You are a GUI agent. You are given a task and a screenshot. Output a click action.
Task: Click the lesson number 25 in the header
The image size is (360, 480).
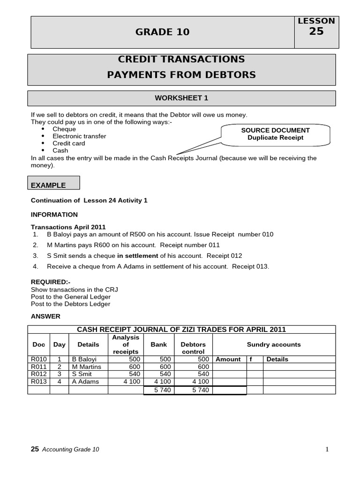click(316, 31)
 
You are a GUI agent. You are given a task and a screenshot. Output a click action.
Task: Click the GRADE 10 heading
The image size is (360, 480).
click(163, 32)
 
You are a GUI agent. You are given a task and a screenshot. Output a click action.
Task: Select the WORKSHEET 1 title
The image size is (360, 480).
click(181, 98)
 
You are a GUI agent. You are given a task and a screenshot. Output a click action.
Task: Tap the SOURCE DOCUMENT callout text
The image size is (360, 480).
click(275, 130)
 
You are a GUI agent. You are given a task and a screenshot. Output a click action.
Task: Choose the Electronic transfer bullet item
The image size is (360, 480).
click(79, 136)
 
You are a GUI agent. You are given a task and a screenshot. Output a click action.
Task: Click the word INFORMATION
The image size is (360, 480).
click(54, 215)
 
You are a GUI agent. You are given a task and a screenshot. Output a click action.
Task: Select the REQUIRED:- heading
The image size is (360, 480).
click(50, 282)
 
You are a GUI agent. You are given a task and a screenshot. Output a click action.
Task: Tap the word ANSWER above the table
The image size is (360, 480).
click(45, 316)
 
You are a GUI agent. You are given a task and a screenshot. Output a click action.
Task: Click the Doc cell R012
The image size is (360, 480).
click(38, 375)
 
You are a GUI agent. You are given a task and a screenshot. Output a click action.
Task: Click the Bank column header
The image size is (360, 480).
click(158, 345)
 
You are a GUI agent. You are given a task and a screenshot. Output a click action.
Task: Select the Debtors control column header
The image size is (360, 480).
click(193, 348)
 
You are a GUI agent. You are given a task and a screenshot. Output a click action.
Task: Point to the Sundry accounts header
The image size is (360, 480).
click(274, 345)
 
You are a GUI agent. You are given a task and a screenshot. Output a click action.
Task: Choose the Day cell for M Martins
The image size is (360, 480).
click(60, 367)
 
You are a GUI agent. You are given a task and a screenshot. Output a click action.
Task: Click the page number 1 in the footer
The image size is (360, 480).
click(327, 450)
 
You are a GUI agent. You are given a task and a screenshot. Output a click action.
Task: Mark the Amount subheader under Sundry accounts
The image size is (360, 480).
click(228, 360)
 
